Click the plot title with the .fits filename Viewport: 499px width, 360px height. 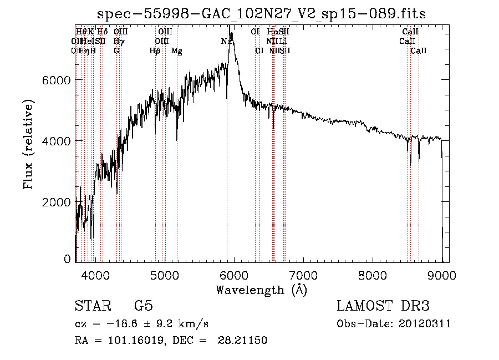point(261,14)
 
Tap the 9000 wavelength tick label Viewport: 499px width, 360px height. point(442,275)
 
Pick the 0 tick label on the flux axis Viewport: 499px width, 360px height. point(68,258)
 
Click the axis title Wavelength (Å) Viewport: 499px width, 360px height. point(261,290)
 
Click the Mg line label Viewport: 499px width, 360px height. point(176,51)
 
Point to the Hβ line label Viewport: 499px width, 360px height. point(155,51)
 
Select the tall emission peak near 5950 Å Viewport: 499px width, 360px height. point(231,34)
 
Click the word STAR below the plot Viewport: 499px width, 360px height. point(92,306)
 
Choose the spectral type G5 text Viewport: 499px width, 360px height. point(143,306)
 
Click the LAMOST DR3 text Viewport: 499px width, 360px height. point(383,306)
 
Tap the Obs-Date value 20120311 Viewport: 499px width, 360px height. point(425,324)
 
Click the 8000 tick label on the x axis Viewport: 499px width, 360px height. point(373,275)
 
